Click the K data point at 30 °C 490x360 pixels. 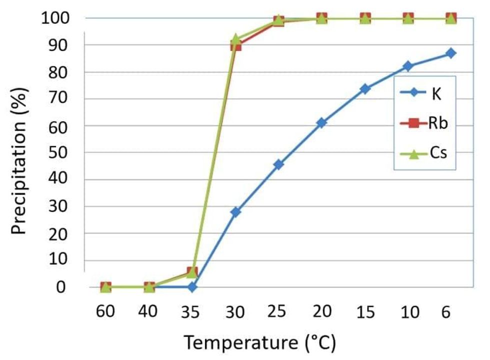(235, 212)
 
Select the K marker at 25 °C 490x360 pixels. (278, 164)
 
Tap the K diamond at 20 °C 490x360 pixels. (321, 122)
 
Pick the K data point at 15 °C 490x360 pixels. (365, 89)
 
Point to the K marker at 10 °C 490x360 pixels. (408, 66)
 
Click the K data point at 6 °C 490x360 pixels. (450, 53)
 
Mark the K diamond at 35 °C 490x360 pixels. (192, 287)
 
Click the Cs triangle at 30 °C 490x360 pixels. (235, 39)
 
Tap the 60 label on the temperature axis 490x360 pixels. (105, 312)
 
